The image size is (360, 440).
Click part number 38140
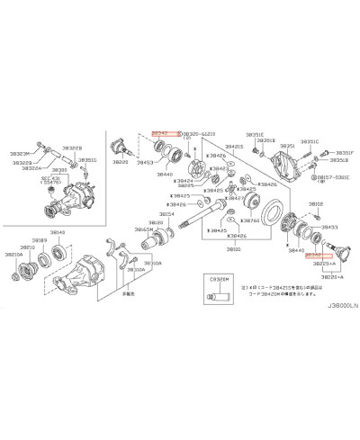(x=57, y=233)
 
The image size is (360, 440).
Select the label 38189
(x=40, y=241)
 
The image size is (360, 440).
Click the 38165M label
(x=144, y=229)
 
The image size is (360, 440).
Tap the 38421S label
(x=234, y=146)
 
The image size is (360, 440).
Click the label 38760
(x=251, y=220)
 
